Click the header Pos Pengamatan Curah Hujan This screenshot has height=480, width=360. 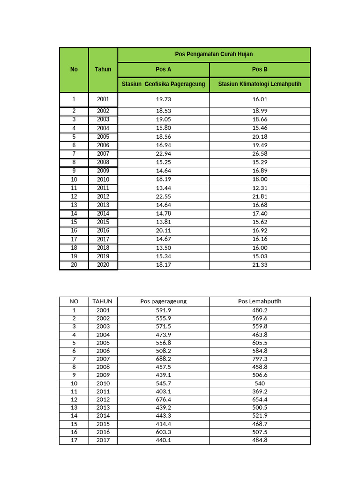tap(214, 54)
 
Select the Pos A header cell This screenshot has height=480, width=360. tap(163, 69)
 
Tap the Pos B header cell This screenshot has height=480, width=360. tap(260, 69)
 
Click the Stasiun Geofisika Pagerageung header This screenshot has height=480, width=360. tap(163, 84)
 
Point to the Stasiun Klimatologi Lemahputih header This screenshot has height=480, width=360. tap(260, 84)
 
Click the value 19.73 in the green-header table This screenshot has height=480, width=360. tap(163, 99)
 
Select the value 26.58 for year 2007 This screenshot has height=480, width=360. tap(260, 154)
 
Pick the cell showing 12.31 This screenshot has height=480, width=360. tap(260, 188)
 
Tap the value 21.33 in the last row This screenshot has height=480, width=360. tap(260, 265)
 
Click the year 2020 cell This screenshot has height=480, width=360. tap(103, 265)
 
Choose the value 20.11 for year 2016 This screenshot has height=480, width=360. tap(163, 231)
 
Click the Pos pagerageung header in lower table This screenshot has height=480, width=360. tap(163, 301)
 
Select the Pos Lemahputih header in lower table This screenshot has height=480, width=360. tap(260, 301)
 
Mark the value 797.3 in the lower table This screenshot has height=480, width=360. tap(260, 359)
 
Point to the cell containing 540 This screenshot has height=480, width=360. tap(260, 383)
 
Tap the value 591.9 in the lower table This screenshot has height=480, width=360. tap(163, 310)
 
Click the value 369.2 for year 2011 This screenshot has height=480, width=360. tap(260, 391)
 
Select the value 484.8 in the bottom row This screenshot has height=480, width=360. tap(260, 440)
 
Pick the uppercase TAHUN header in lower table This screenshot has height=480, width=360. tap(103, 301)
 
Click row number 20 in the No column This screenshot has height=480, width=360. tap(74, 265)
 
